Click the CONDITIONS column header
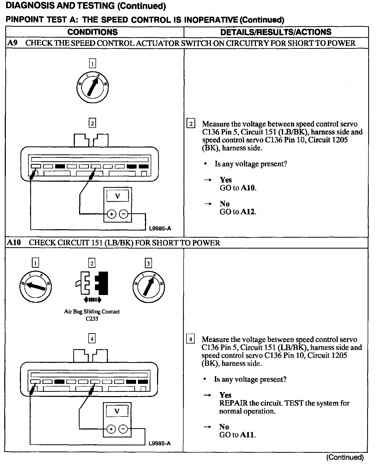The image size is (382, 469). tap(92, 32)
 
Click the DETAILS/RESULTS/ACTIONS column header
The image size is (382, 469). tap(276, 32)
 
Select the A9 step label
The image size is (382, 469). tap(12, 43)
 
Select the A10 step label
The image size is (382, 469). tap(14, 242)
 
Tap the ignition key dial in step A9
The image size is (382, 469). tap(92, 87)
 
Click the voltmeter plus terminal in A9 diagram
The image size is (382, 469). tap(112, 214)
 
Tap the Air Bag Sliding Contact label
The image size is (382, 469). tap(92, 312)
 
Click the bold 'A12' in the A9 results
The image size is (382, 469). tap(248, 212)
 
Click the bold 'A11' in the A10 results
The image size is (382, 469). tap(248, 435)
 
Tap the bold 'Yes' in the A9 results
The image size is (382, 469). tap(226, 180)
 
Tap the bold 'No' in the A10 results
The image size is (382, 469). tap(224, 427)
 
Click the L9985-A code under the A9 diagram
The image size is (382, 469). tap(160, 229)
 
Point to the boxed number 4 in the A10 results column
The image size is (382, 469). tap(190, 339)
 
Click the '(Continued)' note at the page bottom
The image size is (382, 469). tap(345, 457)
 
